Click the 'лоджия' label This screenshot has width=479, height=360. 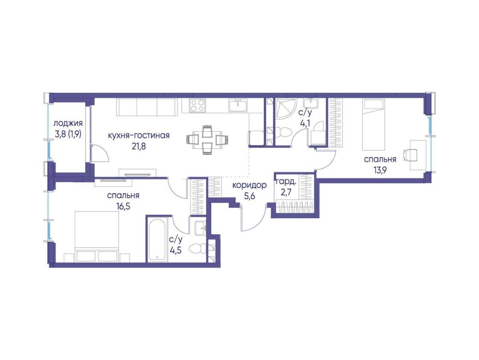pos(68,124)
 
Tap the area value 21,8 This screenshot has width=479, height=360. pos(139,146)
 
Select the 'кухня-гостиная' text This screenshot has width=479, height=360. pos(139,135)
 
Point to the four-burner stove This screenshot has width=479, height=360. pos(198,105)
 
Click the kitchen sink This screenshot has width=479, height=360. pos(238,105)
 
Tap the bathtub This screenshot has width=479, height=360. pos(157,239)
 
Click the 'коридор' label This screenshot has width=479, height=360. pos(249,185)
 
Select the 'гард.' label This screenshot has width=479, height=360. pos(286,182)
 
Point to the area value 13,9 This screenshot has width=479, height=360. pos(380,170)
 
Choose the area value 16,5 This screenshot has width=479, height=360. pos(123,206)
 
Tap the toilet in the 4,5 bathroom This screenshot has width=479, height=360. pos(197,249)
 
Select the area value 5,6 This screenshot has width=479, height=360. pos(249,196)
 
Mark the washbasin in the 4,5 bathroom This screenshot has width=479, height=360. pos(200,228)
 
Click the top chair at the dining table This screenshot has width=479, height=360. pos(207,131)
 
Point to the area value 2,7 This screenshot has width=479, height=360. pos(286,193)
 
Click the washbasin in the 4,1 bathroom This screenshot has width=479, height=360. pos(311,103)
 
